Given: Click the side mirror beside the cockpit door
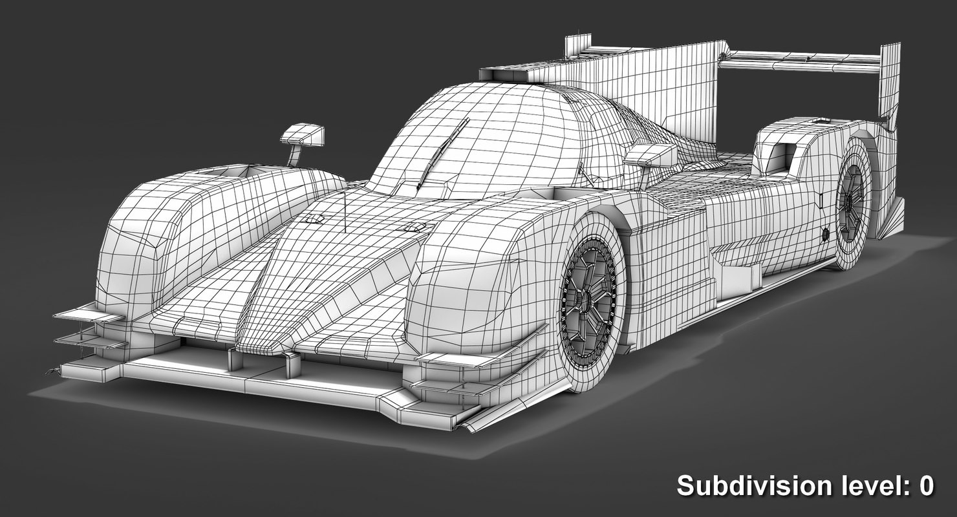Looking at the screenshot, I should click(x=651, y=156).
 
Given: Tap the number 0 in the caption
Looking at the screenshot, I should click(x=925, y=485).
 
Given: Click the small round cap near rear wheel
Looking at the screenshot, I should click(x=825, y=235).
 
